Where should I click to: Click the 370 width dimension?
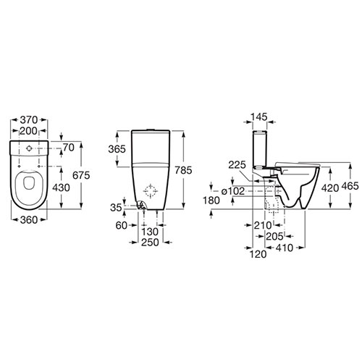[29, 119]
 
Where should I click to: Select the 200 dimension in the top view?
[29, 131]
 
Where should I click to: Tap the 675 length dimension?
[81, 175]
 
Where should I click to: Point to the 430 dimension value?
[62, 188]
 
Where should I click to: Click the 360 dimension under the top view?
[29, 219]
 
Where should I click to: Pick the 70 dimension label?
[69, 148]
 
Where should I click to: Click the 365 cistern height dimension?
[117, 149]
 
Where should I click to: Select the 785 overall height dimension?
[183, 170]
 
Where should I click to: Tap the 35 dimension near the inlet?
[116, 207]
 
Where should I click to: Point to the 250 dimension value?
[150, 243]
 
